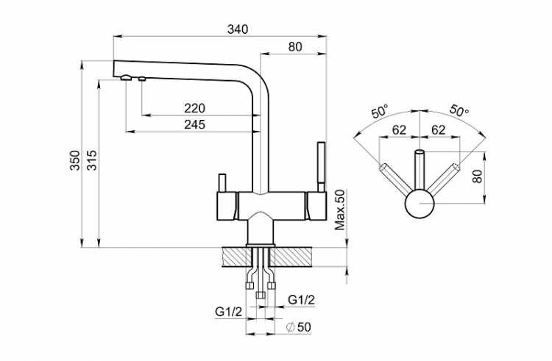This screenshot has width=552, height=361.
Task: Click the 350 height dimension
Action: (74, 162)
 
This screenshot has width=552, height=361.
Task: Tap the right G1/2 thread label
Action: (301, 299)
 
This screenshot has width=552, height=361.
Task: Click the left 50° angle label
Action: (380, 112)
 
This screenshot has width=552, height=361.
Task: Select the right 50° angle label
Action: (458, 112)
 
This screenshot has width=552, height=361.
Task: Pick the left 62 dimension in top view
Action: (399, 129)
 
